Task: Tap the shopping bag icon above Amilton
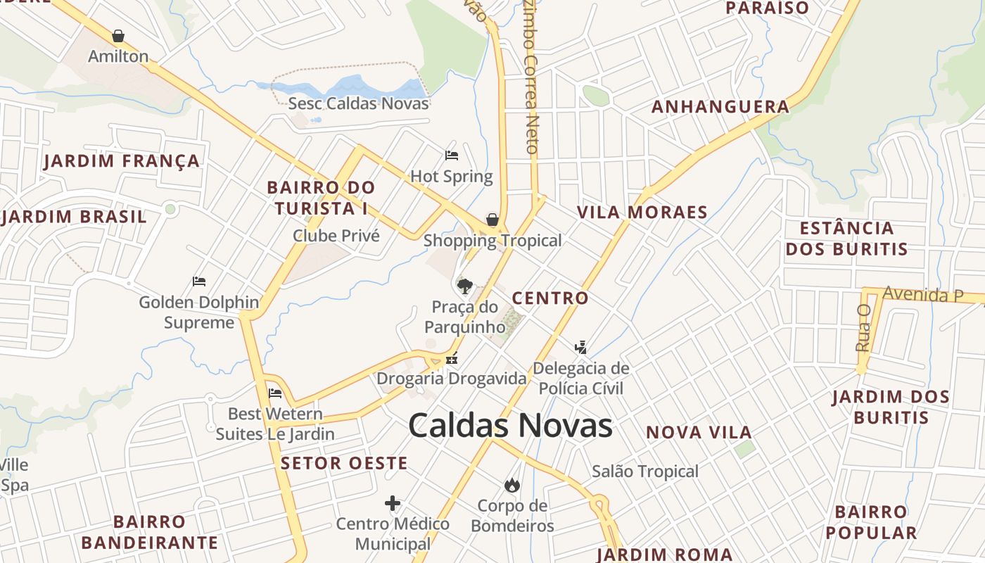click(x=118, y=36)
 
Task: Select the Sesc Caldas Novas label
click(x=358, y=103)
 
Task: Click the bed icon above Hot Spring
click(x=452, y=155)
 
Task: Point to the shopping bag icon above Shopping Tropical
click(x=493, y=220)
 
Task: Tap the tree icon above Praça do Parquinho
click(x=464, y=286)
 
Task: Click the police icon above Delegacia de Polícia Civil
click(x=580, y=346)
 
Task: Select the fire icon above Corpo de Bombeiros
click(x=511, y=485)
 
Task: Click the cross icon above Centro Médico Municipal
click(x=393, y=503)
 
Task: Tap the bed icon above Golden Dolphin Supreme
click(x=199, y=281)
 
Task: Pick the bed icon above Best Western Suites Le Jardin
click(x=275, y=393)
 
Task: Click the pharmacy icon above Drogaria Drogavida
click(x=452, y=358)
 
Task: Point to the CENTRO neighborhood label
click(x=550, y=298)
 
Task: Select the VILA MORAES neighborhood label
click(x=642, y=213)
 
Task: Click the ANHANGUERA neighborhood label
click(x=720, y=107)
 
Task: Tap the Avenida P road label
click(x=923, y=294)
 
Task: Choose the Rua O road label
click(x=863, y=328)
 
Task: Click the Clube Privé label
click(x=336, y=236)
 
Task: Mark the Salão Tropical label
click(x=645, y=472)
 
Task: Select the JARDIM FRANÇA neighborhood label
click(x=122, y=161)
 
